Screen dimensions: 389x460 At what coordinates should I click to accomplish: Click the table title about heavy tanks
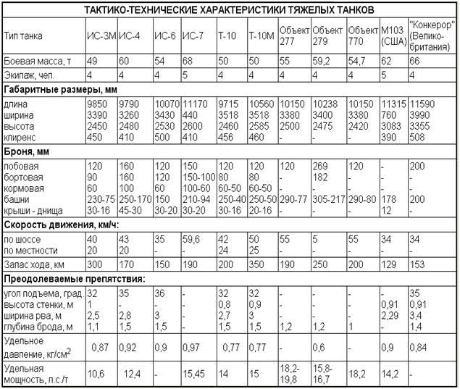pos(230,11)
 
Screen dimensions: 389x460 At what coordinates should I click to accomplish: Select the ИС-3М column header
pos(101,35)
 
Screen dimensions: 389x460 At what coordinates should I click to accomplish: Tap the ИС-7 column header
pos(194,35)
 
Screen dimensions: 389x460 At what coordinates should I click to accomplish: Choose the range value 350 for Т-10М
pos(257,265)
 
